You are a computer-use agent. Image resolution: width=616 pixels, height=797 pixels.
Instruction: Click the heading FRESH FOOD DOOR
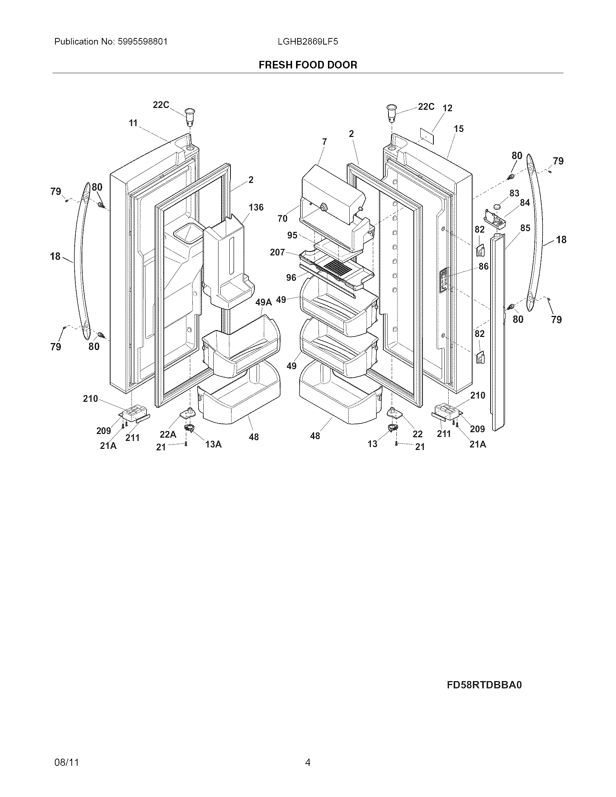(308, 65)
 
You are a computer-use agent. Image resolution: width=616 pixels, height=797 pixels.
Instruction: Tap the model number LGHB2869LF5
(308, 42)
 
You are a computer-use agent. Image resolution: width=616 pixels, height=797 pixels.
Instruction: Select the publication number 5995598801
(142, 42)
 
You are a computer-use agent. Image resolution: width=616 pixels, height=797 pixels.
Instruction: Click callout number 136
(256, 207)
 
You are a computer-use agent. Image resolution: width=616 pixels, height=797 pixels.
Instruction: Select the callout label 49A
(263, 302)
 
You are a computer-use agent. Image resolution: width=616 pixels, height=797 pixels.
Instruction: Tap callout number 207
(277, 252)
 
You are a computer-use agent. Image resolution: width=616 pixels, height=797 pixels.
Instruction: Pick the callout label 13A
(213, 444)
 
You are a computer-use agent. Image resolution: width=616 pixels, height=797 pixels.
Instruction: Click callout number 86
(483, 266)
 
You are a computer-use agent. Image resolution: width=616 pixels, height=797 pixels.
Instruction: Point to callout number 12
(448, 108)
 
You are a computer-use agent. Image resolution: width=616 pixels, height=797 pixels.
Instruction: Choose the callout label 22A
(168, 434)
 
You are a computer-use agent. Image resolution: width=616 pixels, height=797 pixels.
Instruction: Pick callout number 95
(292, 235)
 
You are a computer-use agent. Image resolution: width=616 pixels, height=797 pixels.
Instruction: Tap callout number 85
(525, 228)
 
